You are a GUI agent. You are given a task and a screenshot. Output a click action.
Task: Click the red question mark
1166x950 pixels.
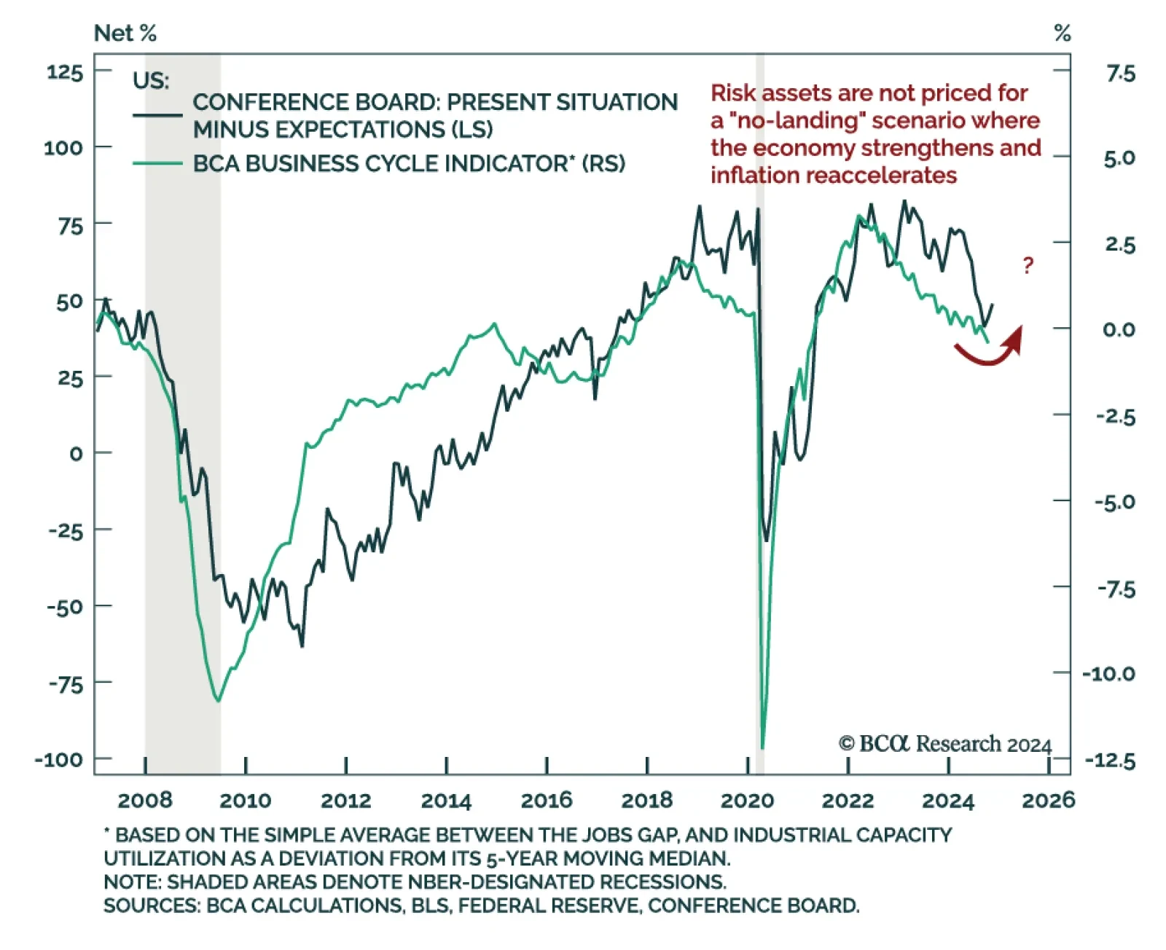[x=1028, y=264]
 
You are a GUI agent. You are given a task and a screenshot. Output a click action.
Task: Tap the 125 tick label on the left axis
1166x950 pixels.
[x=65, y=72]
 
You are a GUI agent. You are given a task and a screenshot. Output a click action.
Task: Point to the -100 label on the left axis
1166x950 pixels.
[x=59, y=759]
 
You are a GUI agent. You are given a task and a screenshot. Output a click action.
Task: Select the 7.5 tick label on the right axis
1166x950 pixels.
[x=1120, y=74]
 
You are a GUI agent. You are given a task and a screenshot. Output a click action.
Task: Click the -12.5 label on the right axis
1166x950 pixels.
[x=1110, y=761]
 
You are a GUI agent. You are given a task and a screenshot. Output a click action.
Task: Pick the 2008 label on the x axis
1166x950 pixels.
[x=145, y=800]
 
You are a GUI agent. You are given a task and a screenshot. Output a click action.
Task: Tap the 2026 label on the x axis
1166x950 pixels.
[x=1048, y=800]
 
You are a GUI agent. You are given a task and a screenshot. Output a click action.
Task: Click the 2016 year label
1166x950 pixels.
[x=547, y=800]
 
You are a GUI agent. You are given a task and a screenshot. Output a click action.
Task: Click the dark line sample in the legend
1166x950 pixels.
[x=157, y=115]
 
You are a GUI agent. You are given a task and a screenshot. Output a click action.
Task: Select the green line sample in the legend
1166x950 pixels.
[x=157, y=164]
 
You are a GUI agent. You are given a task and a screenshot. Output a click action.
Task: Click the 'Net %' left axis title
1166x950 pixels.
[x=125, y=33]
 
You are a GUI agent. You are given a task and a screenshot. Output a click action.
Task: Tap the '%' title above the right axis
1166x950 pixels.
[x=1063, y=33]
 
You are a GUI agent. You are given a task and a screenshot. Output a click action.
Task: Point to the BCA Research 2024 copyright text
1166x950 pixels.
[x=945, y=744]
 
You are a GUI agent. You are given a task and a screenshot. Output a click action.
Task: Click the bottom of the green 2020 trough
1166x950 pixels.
[x=762, y=746]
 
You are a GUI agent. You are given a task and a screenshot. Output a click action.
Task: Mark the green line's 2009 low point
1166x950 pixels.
[x=218, y=700]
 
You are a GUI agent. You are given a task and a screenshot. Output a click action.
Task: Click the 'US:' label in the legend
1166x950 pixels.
[x=151, y=80]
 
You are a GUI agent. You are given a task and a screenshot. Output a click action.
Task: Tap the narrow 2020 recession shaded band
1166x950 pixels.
[x=760, y=437]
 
